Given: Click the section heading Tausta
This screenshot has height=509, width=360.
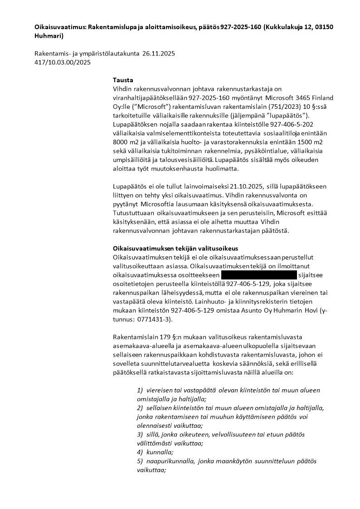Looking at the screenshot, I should [123, 80].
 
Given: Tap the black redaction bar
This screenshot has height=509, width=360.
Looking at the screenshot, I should [258, 275].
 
